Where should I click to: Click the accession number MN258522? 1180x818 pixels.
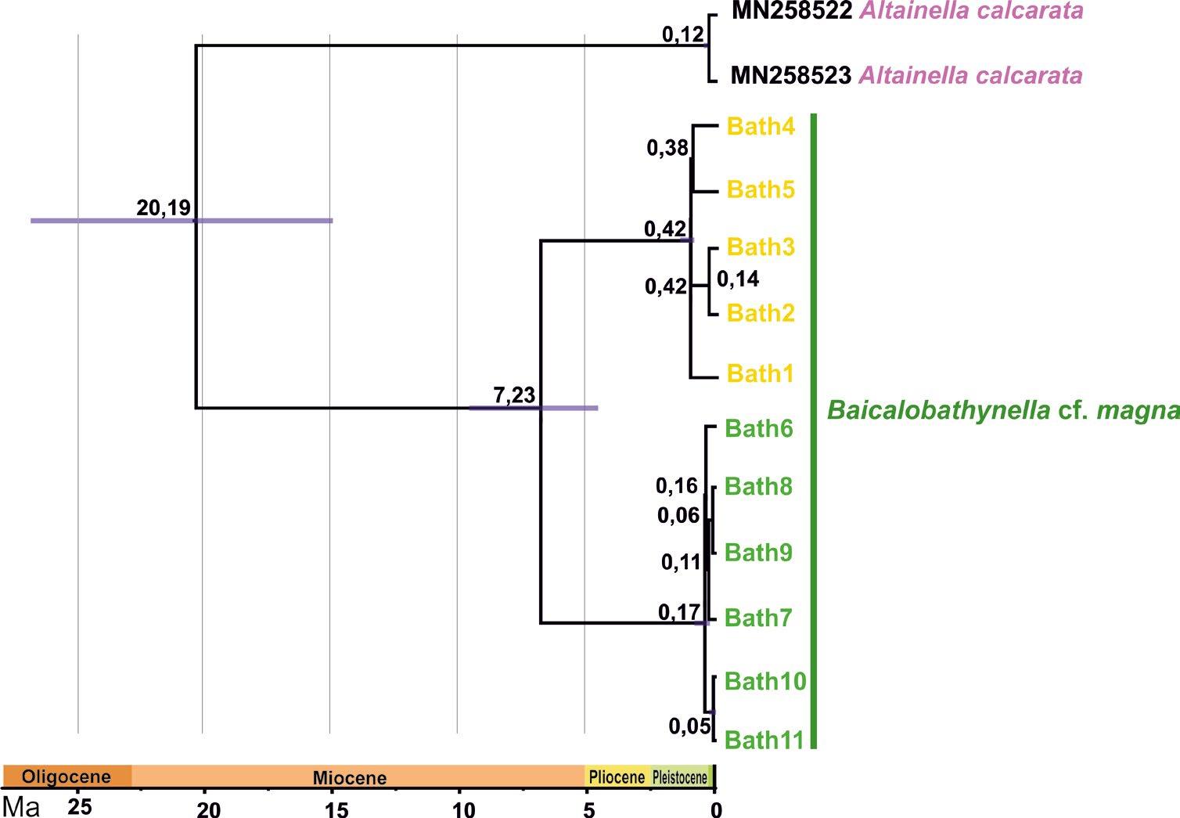click(x=790, y=12)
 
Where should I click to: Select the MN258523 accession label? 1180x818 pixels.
click(x=790, y=76)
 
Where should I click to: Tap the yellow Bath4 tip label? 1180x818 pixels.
click(x=761, y=126)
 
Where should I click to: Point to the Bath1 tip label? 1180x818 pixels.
click(x=761, y=374)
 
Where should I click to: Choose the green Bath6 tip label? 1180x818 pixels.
click(x=759, y=429)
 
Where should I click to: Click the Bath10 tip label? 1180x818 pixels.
click(x=764, y=681)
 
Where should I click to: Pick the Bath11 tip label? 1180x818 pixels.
click(x=764, y=740)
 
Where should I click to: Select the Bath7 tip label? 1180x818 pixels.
click(x=758, y=618)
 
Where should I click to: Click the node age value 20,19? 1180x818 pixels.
click(x=164, y=208)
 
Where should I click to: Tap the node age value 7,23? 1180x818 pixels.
click(x=514, y=395)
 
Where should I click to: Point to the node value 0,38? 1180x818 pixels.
click(x=667, y=148)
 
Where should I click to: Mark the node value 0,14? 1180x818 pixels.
click(x=738, y=279)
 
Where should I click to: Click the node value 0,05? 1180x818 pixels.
click(x=689, y=726)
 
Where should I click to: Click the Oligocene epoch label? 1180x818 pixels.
click(x=67, y=777)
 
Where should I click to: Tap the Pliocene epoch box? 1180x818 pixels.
click(x=617, y=777)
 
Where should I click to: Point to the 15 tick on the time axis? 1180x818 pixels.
click(x=336, y=809)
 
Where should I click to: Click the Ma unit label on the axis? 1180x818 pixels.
click(x=22, y=806)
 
